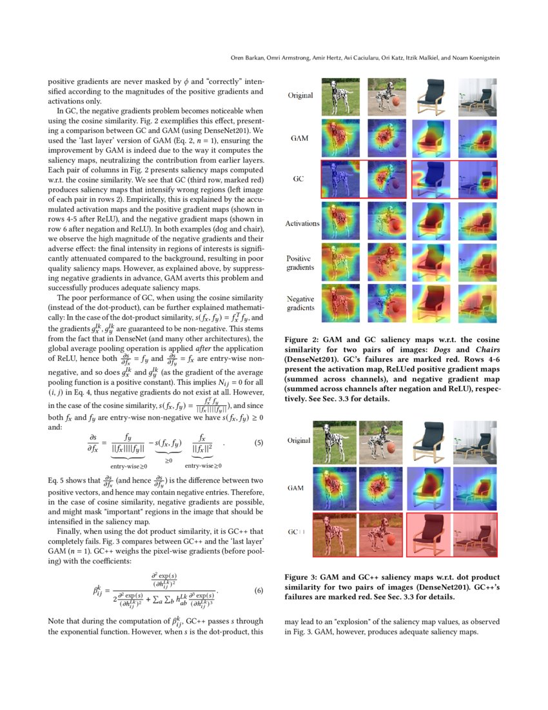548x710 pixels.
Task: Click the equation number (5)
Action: [x=259, y=443]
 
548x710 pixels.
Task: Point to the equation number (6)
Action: [x=259, y=590]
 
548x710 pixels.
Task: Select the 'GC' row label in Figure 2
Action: [x=298, y=178]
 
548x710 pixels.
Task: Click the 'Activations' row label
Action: [x=302, y=223]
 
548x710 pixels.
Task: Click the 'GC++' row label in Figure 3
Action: [x=297, y=531]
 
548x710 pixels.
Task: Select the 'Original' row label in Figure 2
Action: [x=300, y=96]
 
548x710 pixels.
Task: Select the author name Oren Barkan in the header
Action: [x=247, y=58]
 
